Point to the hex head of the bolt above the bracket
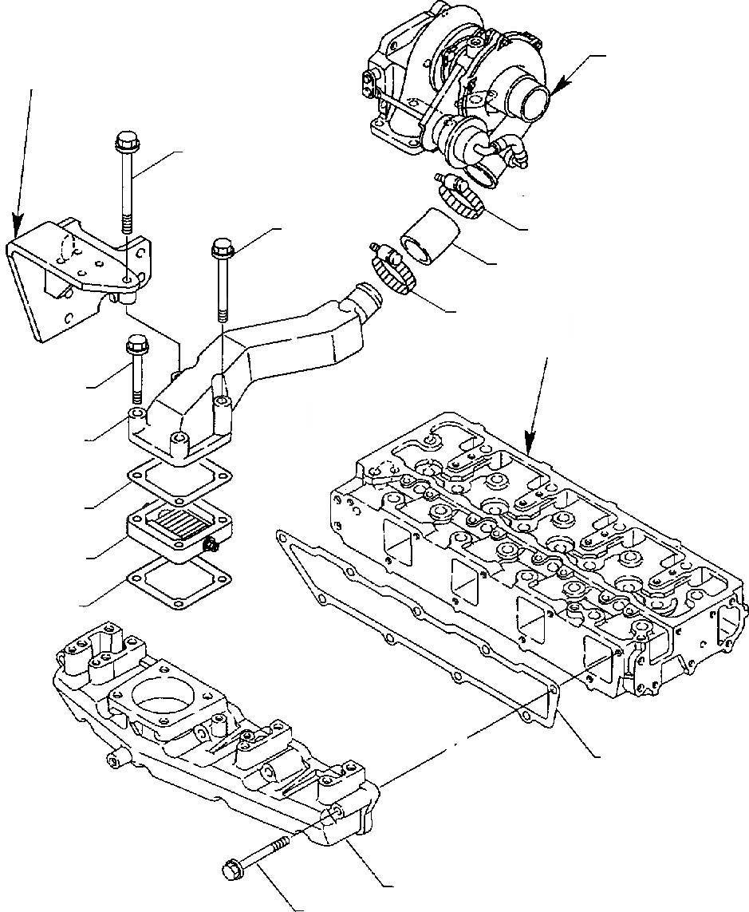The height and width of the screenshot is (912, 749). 127,143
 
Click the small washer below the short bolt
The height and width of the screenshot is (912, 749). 137,415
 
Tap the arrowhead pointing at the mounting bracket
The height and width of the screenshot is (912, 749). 17,227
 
